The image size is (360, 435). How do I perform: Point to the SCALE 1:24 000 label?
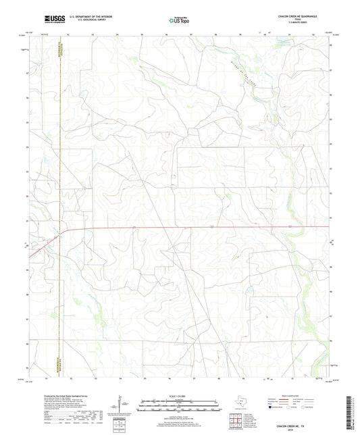click(x=180, y=396)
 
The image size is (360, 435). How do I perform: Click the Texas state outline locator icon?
click(x=242, y=403)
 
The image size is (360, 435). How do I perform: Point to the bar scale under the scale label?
click(x=180, y=407)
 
